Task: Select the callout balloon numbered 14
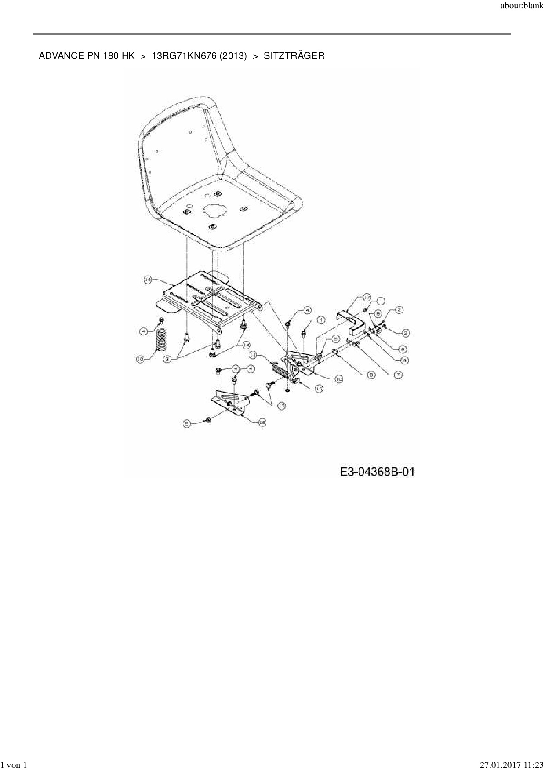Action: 246,345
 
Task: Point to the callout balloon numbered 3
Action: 167,359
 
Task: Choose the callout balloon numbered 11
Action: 253,354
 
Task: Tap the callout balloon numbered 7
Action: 398,375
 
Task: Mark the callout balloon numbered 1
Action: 381,301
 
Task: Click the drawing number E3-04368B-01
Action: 377,472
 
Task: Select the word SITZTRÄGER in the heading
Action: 294,56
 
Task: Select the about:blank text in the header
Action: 521,7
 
